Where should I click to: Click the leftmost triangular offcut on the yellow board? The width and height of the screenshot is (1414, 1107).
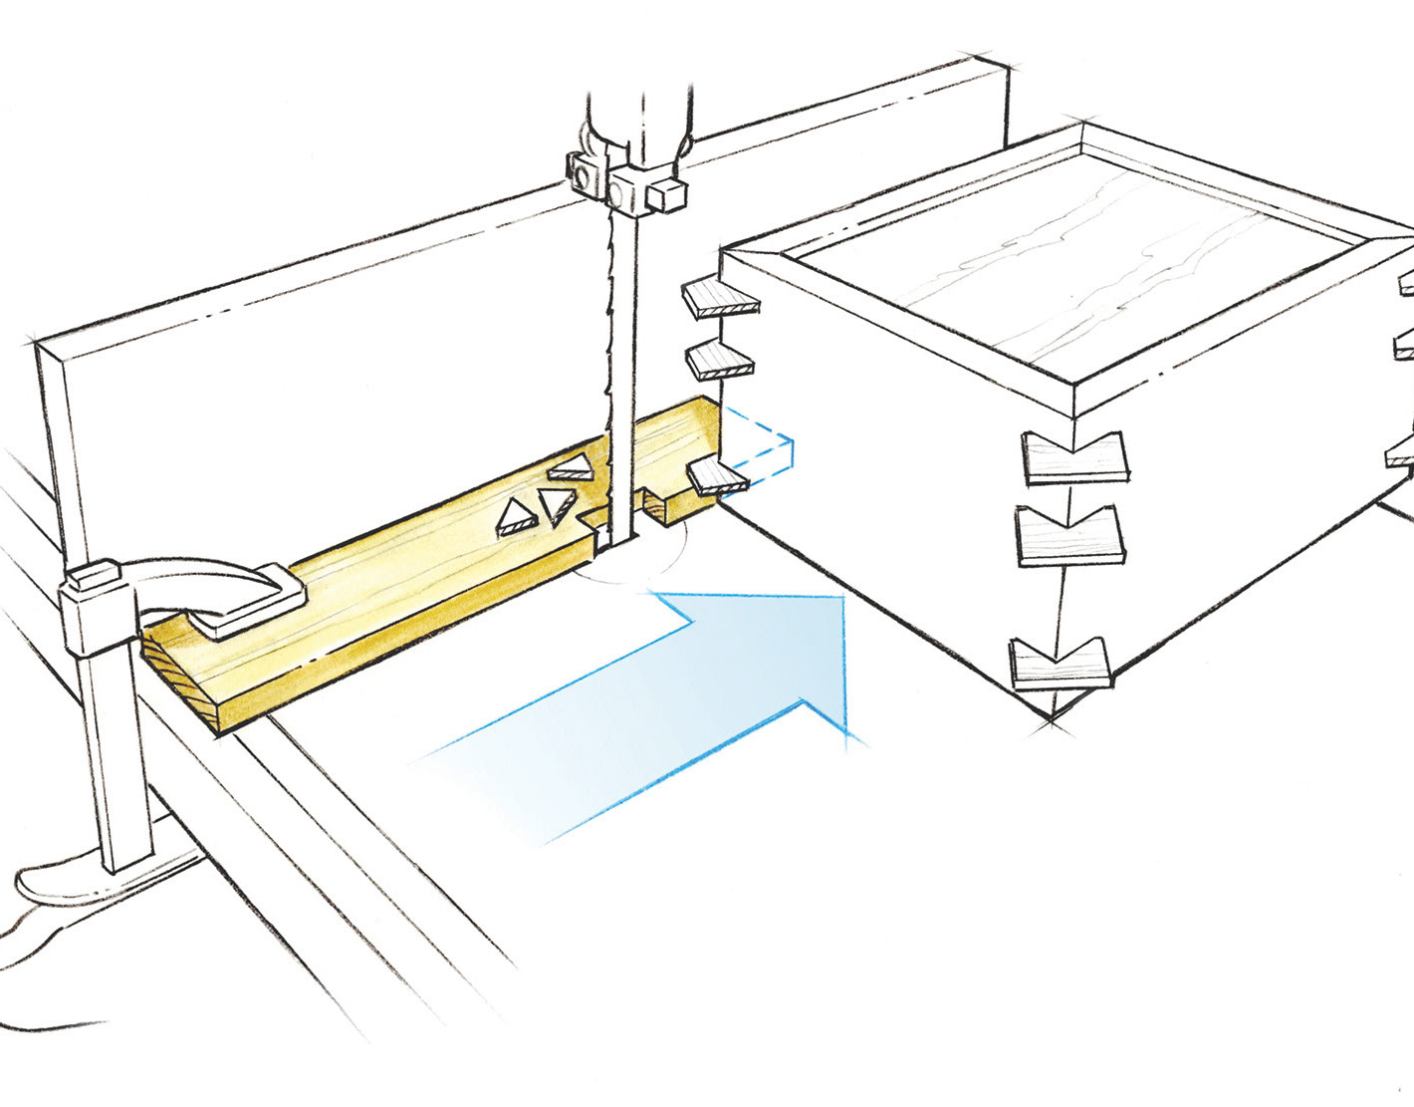pyautogui.click(x=516, y=516)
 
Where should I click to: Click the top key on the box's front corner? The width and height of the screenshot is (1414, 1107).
pyautogui.click(x=1074, y=458)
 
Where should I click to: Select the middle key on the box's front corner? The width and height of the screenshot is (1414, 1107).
pyautogui.click(x=1067, y=538)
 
